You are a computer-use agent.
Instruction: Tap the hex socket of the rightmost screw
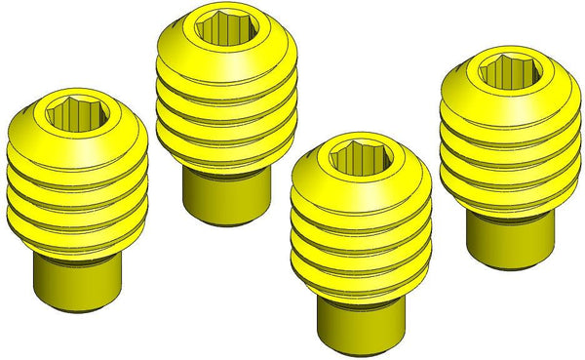[506, 72]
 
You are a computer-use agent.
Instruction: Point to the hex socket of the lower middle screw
[360, 158]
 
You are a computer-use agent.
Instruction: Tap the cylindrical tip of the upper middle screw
[226, 195]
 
